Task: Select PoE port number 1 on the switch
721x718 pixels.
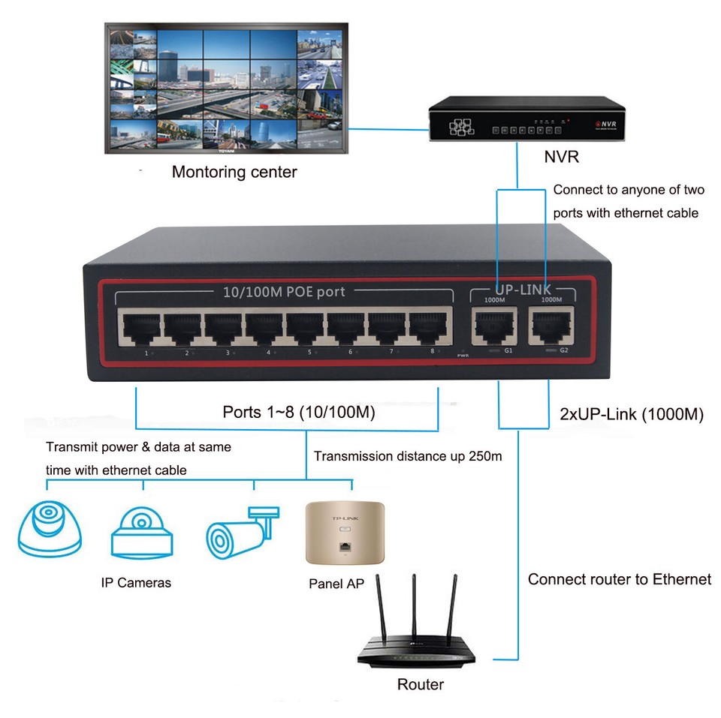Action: (x=140, y=327)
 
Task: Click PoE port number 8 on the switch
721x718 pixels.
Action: (x=427, y=327)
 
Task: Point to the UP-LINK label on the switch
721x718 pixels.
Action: (x=523, y=290)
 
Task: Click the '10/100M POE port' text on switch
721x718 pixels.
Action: (x=284, y=291)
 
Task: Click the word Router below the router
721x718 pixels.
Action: (x=421, y=684)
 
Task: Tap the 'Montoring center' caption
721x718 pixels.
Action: (x=234, y=172)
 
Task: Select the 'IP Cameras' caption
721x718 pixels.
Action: (x=136, y=582)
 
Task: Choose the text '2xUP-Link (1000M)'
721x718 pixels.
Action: (x=632, y=414)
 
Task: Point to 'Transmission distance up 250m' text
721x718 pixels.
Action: (x=408, y=456)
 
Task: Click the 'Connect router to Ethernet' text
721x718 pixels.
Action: (x=619, y=579)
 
